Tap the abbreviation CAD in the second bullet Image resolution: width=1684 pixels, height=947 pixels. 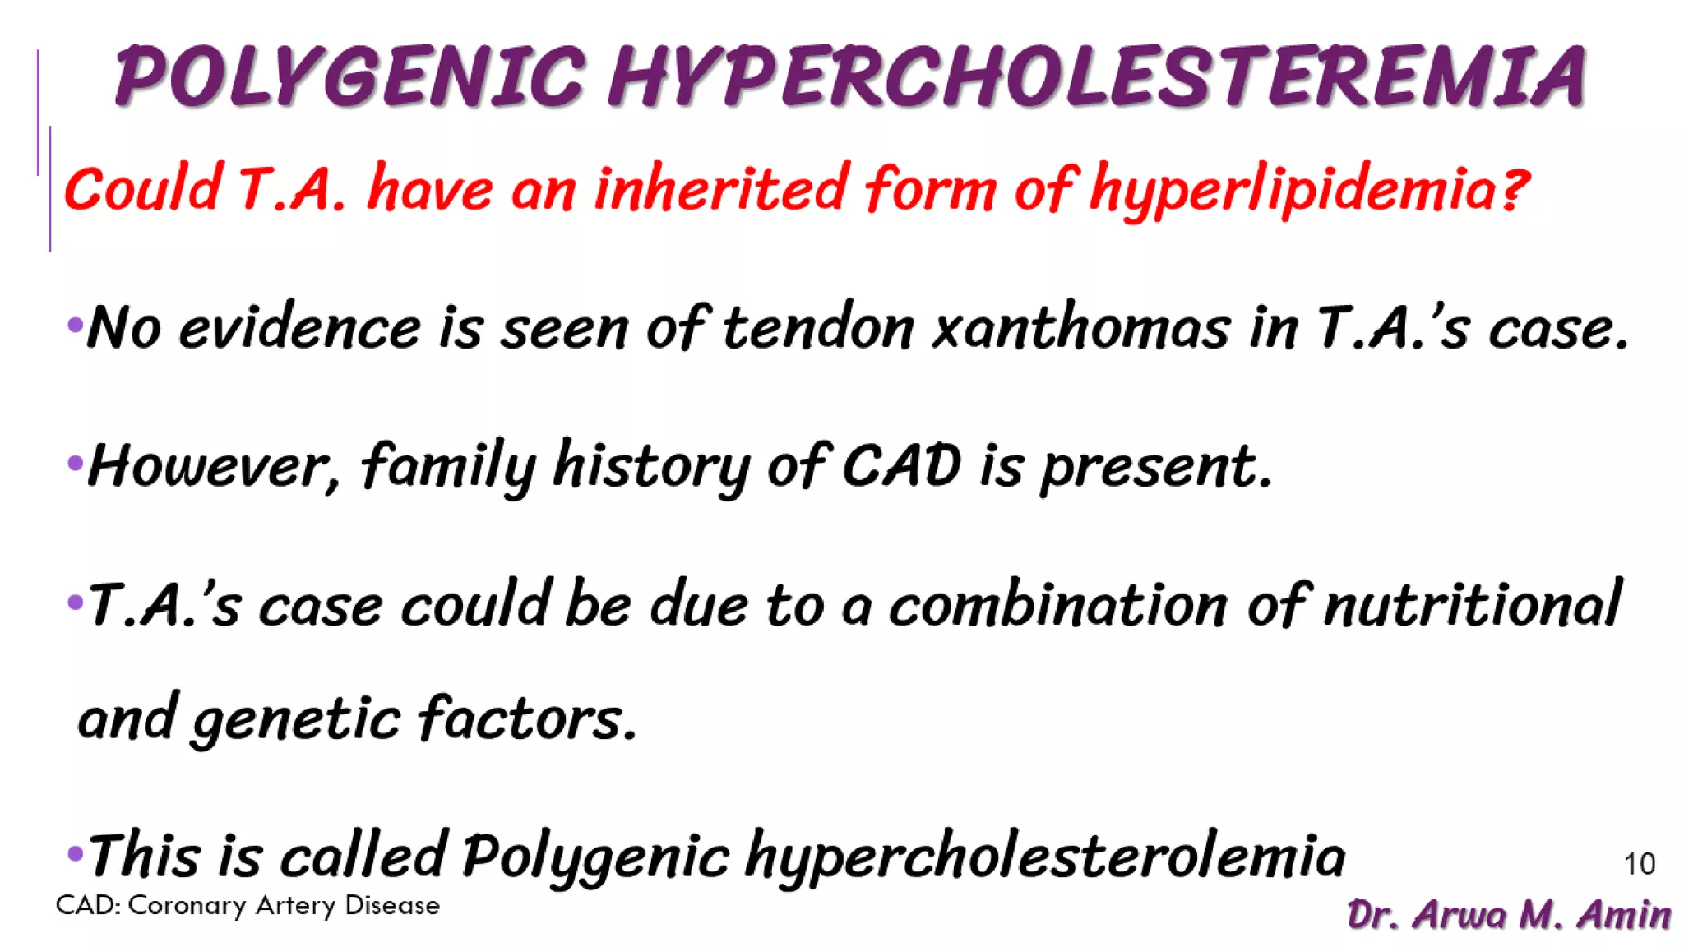point(902,465)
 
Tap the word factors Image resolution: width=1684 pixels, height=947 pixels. point(527,718)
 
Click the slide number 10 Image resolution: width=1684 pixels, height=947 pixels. point(1639,864)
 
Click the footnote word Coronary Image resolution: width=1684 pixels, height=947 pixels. point(187,905)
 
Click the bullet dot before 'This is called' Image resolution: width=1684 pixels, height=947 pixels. point(75,853)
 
